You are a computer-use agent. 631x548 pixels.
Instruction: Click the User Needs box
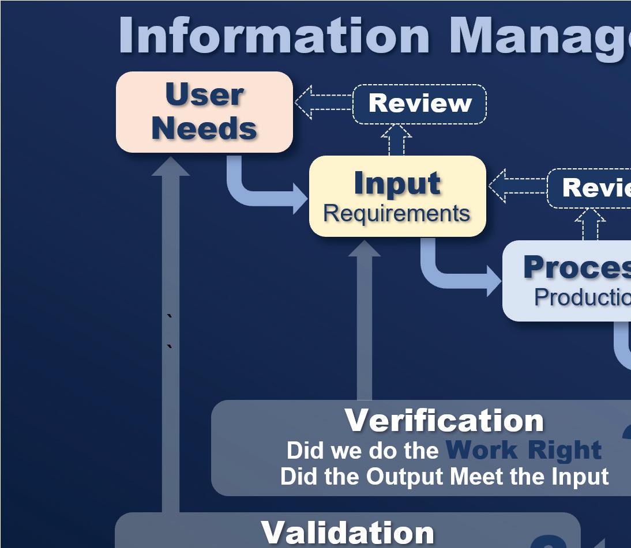click(204, 112)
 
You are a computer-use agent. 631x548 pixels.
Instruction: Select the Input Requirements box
click(397, 196)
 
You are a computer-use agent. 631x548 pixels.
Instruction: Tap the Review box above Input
click(419, 104)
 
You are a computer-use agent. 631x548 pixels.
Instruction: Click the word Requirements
click(397, 213)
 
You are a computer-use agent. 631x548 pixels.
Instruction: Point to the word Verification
click(444, 420)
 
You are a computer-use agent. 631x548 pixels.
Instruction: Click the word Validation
click(347, 532)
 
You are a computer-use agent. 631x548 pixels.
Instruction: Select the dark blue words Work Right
click(524, 450)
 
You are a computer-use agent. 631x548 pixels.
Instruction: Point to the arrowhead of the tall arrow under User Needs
click(171, 167)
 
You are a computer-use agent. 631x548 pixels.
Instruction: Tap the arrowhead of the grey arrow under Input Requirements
click(364, 249)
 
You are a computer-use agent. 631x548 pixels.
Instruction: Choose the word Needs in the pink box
click(204, 128)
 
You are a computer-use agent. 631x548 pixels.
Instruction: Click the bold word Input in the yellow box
click(397, 183)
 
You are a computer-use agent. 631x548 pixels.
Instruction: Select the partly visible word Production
click(581, 297)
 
